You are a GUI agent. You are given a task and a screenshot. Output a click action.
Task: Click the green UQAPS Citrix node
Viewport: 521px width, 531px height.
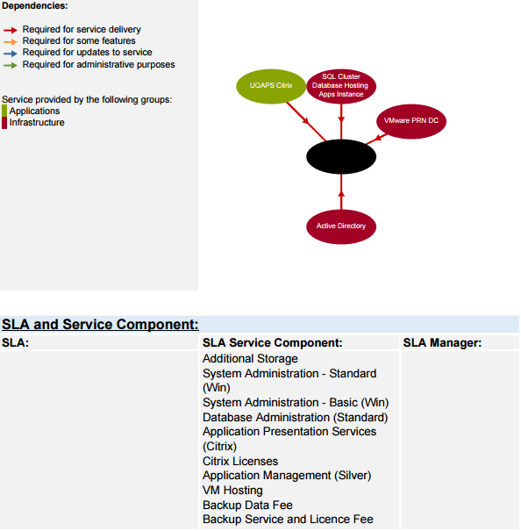tap(271, 86)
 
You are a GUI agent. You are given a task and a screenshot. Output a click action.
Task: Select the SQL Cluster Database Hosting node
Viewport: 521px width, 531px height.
tap(341, 86)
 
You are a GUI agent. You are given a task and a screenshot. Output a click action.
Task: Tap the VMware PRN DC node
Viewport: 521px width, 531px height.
tap(411, 121)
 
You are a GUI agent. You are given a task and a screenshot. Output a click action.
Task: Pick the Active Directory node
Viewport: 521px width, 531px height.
tap(341, 226)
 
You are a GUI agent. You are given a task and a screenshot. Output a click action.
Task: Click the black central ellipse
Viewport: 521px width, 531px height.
tap(341, 156)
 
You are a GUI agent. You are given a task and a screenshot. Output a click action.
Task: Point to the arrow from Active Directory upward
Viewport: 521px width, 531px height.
tap(341, 191)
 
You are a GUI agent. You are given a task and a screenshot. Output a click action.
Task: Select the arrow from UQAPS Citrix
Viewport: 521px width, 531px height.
tap(306, 121)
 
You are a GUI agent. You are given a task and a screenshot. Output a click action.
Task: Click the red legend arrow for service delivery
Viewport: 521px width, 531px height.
tap(11, 31)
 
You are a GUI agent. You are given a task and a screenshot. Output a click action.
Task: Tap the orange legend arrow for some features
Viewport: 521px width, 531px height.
tap(11, 42)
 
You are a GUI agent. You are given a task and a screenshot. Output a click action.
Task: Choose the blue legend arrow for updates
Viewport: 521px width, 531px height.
tap(11, 54)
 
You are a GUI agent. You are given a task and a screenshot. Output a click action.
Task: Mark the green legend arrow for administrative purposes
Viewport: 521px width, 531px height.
tap(11, 65)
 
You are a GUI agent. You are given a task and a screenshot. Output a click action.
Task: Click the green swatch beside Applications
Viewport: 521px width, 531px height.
tap(4, 111)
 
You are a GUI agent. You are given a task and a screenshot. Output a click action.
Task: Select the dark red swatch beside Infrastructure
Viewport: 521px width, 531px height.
tap(4, 123)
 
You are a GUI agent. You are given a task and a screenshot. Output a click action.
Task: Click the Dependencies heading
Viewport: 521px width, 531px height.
tap(35, 6)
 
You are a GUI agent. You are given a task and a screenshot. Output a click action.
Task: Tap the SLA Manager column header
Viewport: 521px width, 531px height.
tap(442, 342)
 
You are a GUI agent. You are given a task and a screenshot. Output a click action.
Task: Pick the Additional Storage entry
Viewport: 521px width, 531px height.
tap(250, 358)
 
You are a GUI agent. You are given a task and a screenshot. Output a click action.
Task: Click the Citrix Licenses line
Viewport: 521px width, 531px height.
tap(240, 461)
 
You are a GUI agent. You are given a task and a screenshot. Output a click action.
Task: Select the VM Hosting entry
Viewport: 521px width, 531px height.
tap(232, 490)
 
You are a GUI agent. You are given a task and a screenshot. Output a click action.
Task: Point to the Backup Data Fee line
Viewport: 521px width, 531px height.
tap(247, 505)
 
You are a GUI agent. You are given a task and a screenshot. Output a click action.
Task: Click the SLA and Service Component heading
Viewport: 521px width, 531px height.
tap(100, 324)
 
